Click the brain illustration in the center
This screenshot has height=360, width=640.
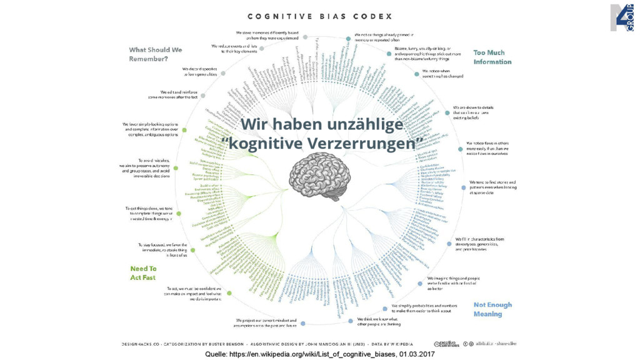[320, 177]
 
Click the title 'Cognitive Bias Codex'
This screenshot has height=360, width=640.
[319, 16]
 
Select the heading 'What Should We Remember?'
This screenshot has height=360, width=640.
[156, 54]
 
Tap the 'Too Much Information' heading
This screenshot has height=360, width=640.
[492, 57]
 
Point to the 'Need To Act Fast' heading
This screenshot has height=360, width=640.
[143, 273]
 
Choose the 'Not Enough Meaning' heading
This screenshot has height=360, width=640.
[492, 309]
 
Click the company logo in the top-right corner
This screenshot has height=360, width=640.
[622, 17]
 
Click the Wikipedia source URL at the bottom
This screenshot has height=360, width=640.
[300, 354]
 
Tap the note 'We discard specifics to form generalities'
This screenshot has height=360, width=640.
[199, 71]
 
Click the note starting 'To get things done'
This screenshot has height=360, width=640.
[147, 213]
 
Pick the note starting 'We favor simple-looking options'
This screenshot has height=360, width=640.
[150, 129]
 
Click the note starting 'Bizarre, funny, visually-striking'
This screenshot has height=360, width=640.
[427, 54]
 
